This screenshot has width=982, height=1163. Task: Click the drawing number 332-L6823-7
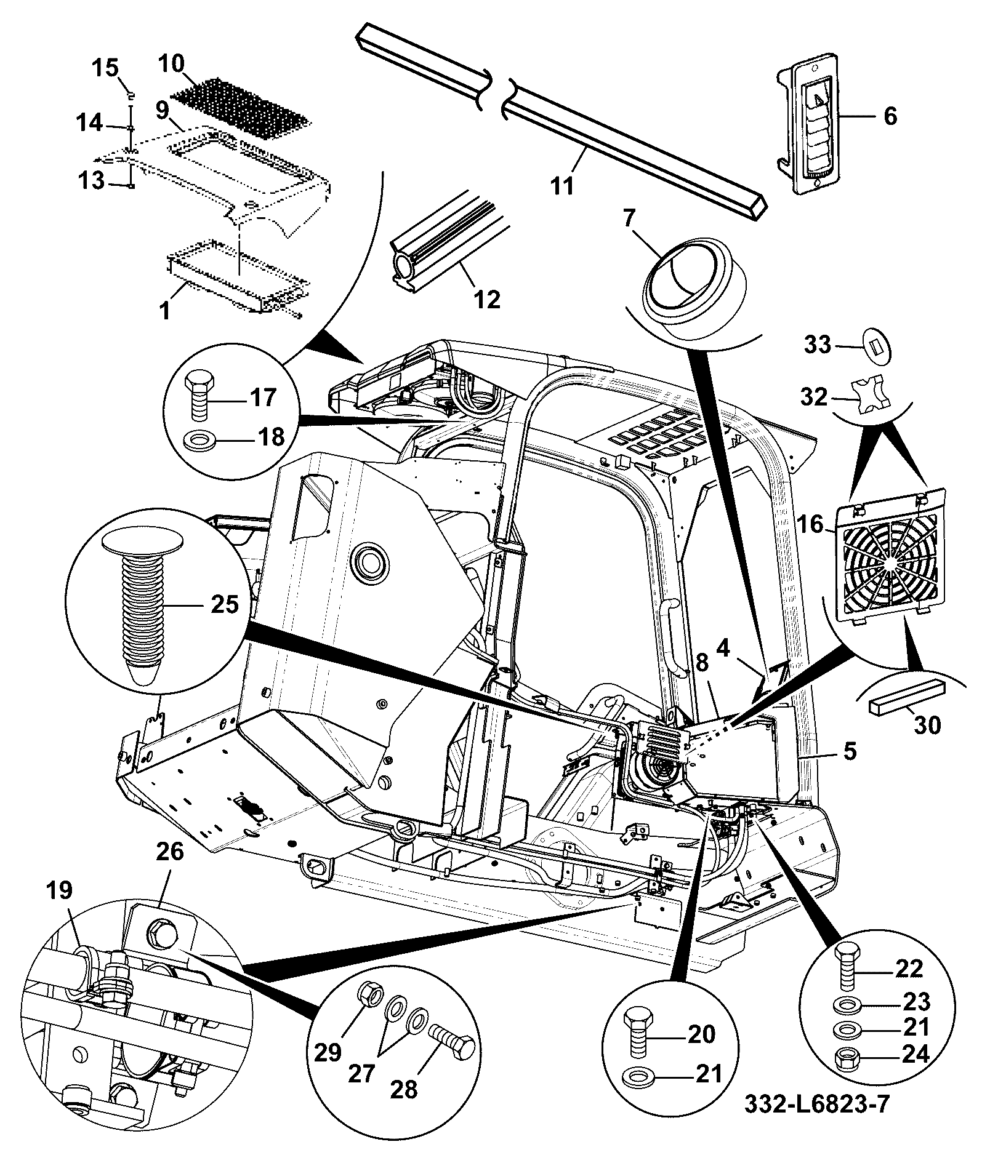(818, 1105)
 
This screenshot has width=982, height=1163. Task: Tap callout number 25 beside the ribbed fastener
(225, 604)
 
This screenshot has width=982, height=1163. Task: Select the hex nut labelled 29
(369, 996)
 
